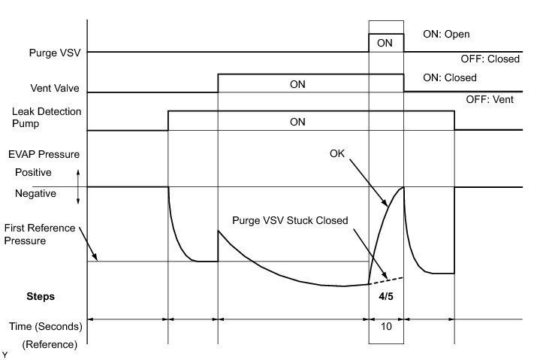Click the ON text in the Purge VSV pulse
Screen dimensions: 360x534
[385, 44]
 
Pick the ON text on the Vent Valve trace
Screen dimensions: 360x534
[298, 84]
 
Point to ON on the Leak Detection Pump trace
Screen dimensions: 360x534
[298, 121]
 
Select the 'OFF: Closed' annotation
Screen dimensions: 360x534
[490, 59]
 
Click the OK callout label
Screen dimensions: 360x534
[338, 153]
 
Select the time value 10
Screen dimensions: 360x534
[385, 328]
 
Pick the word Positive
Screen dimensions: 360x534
[35, 172]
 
